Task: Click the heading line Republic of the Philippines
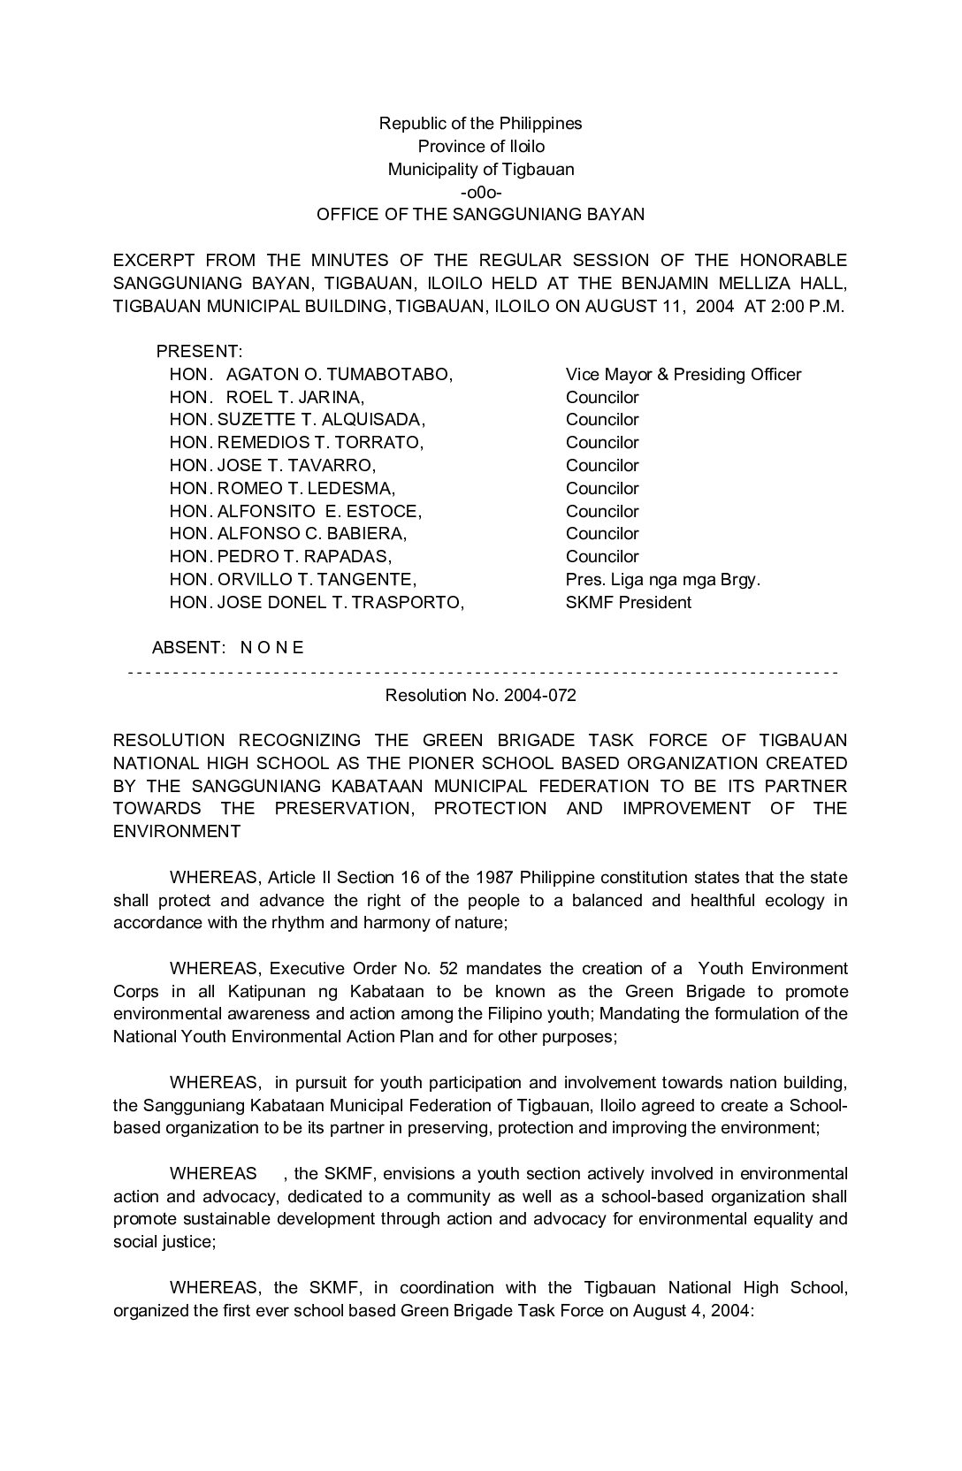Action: pyautogui.click(x=480, y=123)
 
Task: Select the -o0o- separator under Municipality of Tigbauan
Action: pyautogui.click(x=481, y=191)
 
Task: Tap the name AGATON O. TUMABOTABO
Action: pyautogui.click(x=340, y=374)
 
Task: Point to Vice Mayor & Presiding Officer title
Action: pyautogui.click(x=683, y=374)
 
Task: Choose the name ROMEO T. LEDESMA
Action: pyautogui.click(x=306, y=488)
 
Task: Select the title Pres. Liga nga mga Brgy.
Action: pyautogui.click(x=663, y=579)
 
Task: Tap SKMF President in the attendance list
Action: pyautogui.click(x=629, y=602)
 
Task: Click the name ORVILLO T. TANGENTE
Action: pyautogui.click(x=317, y=579)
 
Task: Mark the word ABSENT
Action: pyautogui.click(x=187, y=647)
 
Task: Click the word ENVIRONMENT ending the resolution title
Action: pyautogui.click(x=176, y=831)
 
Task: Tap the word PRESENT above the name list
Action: pyautogui.click(x=199, y=351)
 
